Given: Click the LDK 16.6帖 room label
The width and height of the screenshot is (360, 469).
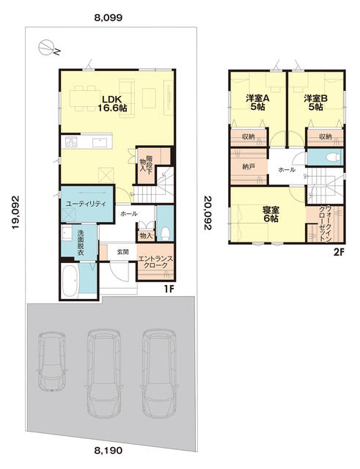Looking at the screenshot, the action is [x=112, y=103].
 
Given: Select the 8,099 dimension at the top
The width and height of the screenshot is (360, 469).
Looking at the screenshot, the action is [x=109, y=18].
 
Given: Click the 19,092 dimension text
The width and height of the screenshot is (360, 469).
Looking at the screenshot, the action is [x=16, y=213].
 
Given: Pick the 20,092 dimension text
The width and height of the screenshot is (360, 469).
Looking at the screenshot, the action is [x=207, y=213].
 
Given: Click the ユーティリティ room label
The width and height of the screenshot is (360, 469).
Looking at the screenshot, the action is [x=87, y=204].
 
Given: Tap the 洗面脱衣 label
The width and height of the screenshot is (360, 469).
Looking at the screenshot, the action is [x=81, y=243].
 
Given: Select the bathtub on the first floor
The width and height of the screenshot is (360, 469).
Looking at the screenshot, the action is [x=70, y=281].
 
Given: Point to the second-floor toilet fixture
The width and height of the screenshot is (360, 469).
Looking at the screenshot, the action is [x=334, y=157].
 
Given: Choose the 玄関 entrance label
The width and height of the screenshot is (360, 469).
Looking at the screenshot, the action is [x=122, y=252].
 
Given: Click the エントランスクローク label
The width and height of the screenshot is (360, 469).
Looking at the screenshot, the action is [x=155, y=262].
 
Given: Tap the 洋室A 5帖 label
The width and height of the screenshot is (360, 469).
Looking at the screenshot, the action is [x=257, y=103].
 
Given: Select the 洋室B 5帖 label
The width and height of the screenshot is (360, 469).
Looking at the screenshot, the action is [x=316, y=103].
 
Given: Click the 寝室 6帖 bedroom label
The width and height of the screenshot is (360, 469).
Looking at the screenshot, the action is [x=271, y=214].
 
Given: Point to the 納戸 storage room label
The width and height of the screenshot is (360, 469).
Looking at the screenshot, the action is [x=249, y=166].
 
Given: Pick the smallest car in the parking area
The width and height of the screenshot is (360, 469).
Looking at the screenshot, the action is [x=52, y=361].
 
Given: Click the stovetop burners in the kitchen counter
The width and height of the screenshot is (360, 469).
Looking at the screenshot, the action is [x=71, y=141].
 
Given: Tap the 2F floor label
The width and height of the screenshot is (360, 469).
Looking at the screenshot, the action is [x=339, y=252].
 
